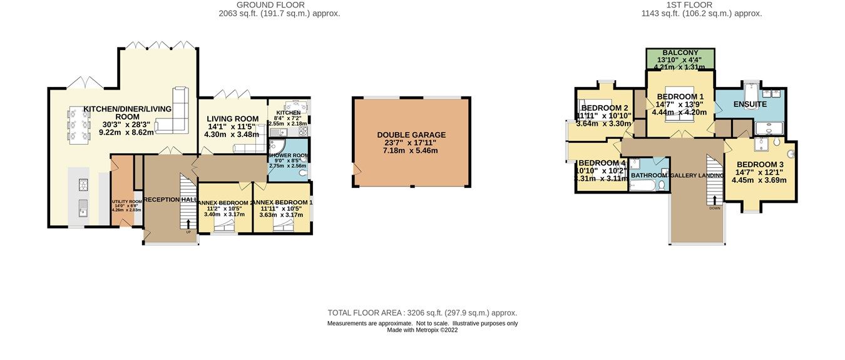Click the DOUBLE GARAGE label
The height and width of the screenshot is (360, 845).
click(x=411, y=135)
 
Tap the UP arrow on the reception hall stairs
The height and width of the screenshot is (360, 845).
click(x=188, y=224)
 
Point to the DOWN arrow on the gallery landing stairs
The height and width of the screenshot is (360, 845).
click(x=714, y=201)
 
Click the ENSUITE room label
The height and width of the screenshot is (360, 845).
click(x=750, y=104)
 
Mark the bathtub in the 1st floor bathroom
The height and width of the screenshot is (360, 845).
click(x=640, y=186)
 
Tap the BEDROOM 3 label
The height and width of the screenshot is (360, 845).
click(x=759, y=164)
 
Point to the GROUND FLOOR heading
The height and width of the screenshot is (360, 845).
click(x=279, y=4)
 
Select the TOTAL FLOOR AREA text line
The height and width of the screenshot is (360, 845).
click(x=422, y=313)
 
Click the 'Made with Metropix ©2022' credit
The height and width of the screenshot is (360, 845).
click(x=422, y=330)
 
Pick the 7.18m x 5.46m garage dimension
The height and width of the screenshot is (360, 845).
click(x=411, y=151)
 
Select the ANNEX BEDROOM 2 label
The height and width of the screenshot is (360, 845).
click(x=225, y=203)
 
